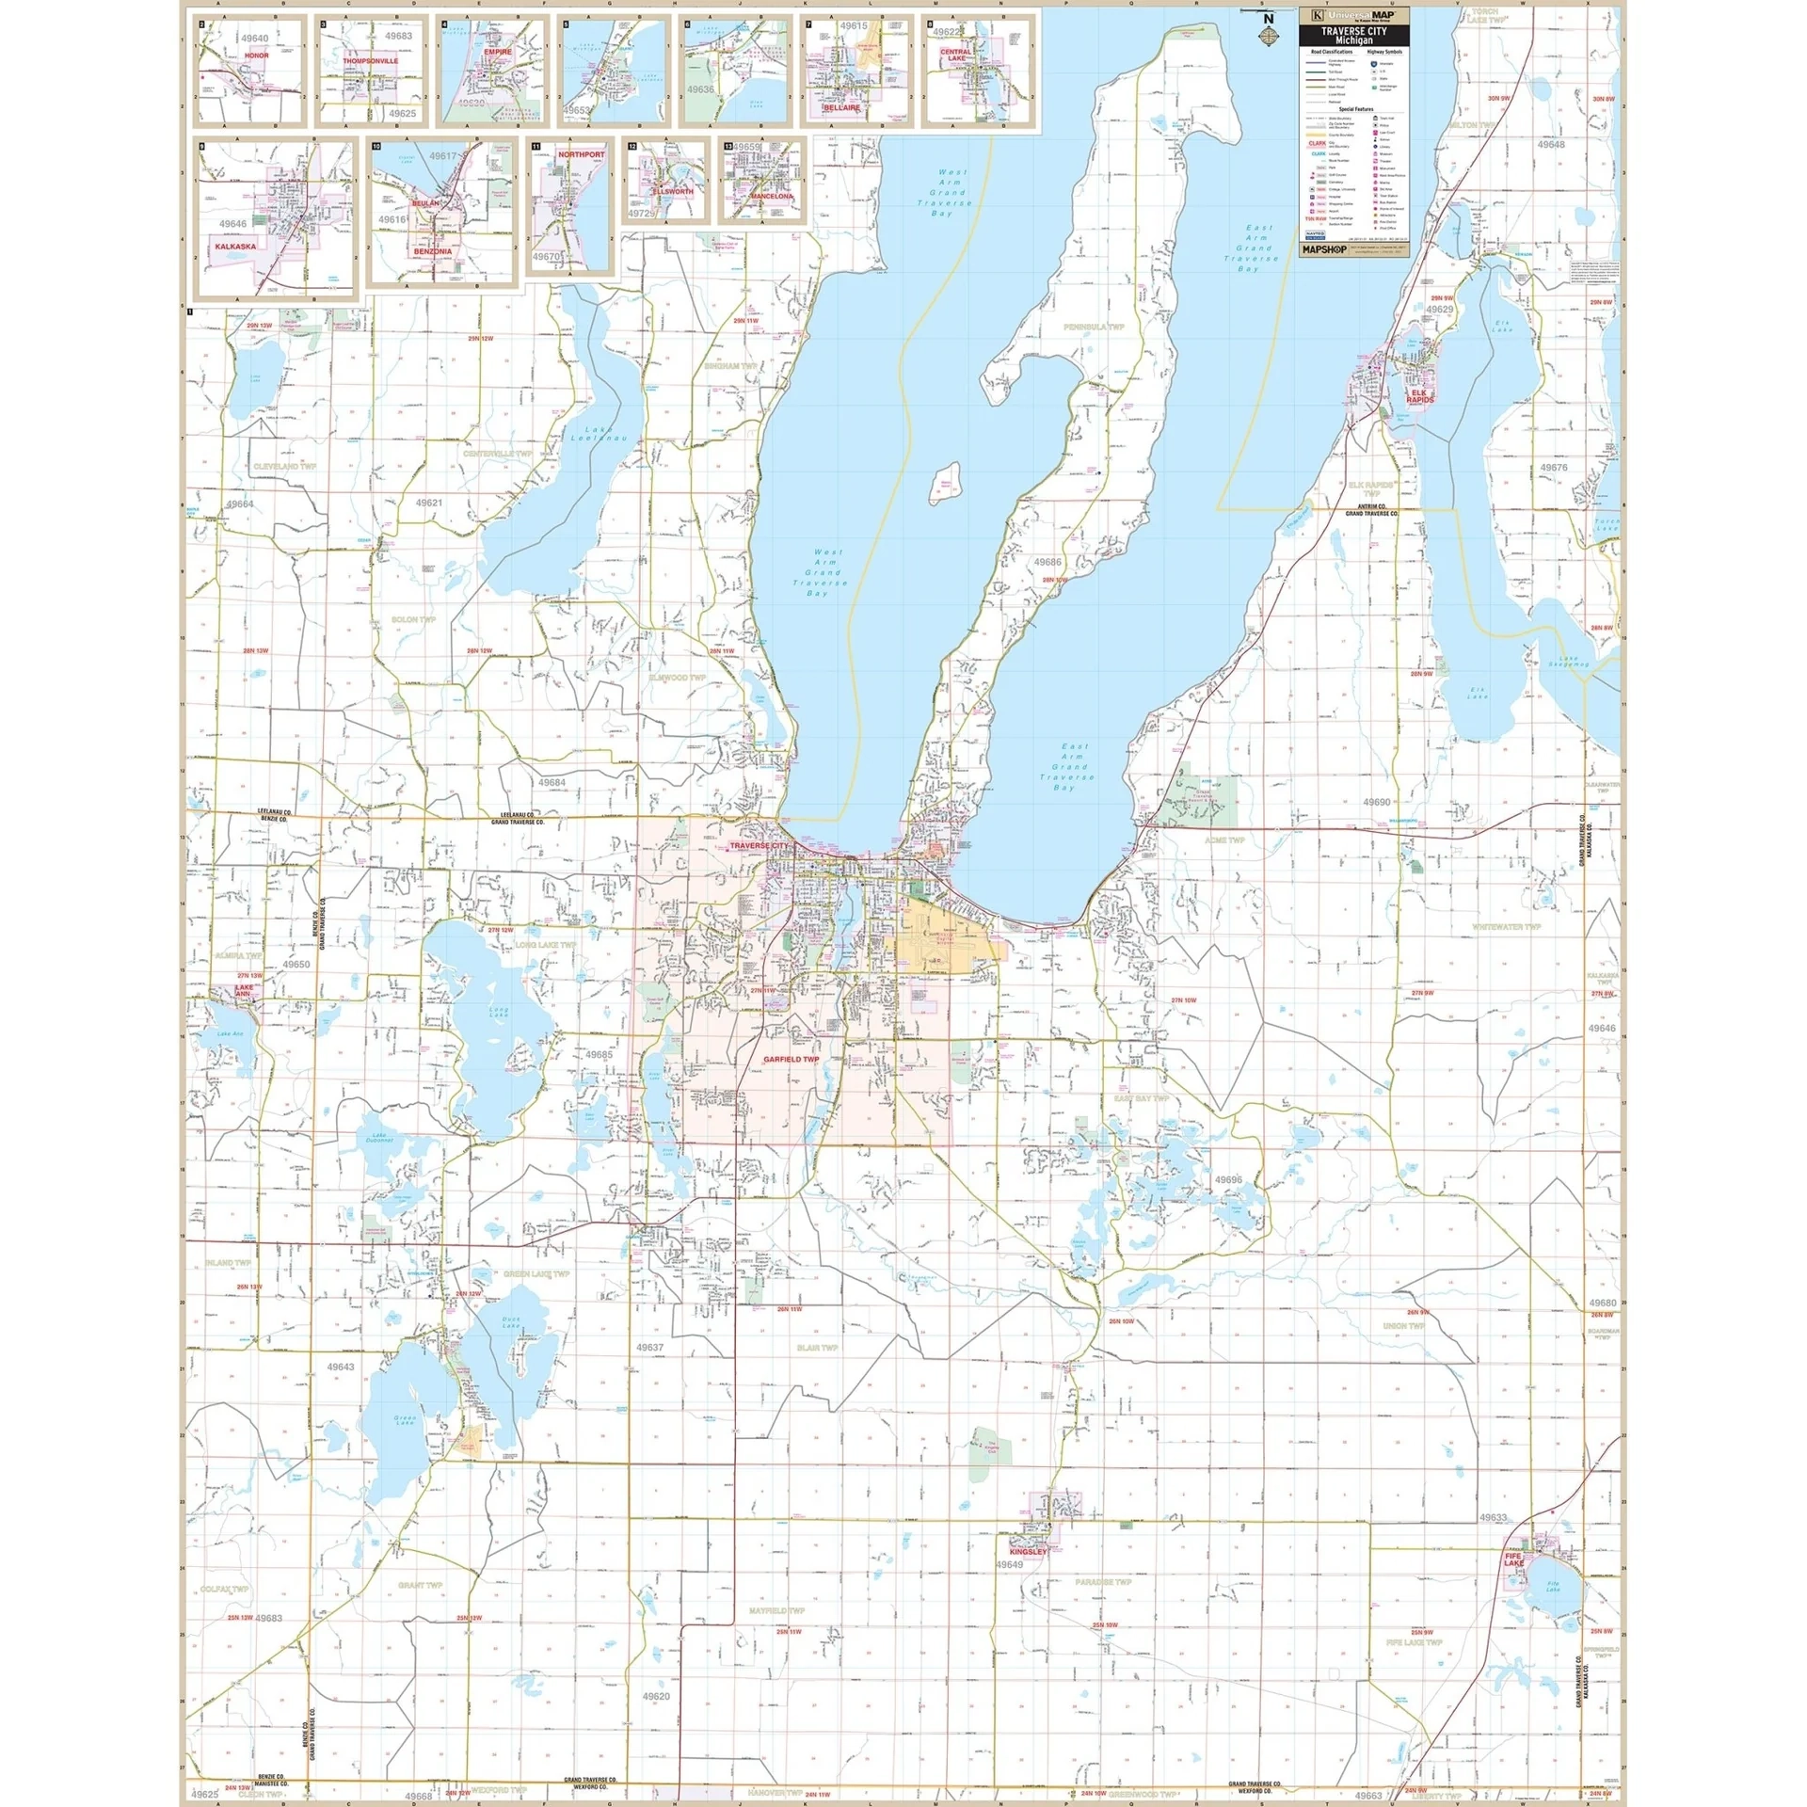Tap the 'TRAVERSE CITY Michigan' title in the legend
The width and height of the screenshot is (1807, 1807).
click(1353, 36)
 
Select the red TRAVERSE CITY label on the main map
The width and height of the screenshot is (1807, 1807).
click(760, 846)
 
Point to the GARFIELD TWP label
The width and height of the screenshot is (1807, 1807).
click(791, 1060)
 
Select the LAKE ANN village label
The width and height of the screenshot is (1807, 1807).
click(243, 992)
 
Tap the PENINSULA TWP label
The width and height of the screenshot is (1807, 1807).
click(1094, 327)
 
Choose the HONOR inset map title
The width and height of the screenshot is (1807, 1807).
click(256, 56)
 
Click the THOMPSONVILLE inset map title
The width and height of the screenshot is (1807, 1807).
click(370, 60)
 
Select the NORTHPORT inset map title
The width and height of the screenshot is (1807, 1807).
click(582, 154)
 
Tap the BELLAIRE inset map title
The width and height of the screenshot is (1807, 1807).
click(841, 107)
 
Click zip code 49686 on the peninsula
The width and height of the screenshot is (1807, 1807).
click(1047, 562)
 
